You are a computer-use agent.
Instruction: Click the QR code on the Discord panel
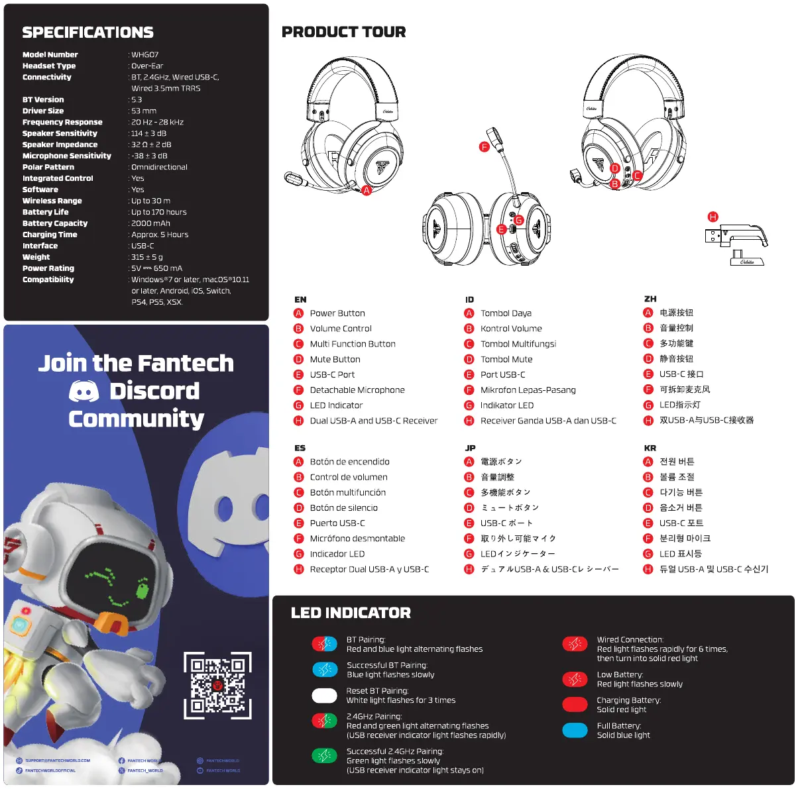click(217, 685)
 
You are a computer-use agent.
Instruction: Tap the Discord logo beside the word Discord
click(84, 392)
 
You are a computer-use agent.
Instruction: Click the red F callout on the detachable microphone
click(484, 147)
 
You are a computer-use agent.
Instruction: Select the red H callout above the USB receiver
click(713, 217)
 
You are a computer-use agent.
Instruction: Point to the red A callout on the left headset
click(367, 190)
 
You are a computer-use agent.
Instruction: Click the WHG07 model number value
click(145, 55)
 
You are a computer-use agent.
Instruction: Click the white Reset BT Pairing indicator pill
click(324, 696)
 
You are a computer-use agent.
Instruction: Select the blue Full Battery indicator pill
click(575, 730)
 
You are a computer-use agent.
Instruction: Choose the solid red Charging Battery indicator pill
click(575, 705)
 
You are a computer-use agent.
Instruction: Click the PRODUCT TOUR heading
click(343, 32)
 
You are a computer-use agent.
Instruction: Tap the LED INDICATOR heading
click(351, 613)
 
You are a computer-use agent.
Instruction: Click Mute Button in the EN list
click(335, 359)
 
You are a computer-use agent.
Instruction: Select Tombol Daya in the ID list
click(506, 313)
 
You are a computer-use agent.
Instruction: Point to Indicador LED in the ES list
click(337, 554)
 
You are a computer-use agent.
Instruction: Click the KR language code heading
click(650, 448)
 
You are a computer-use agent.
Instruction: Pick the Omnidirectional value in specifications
click(159, 167)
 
